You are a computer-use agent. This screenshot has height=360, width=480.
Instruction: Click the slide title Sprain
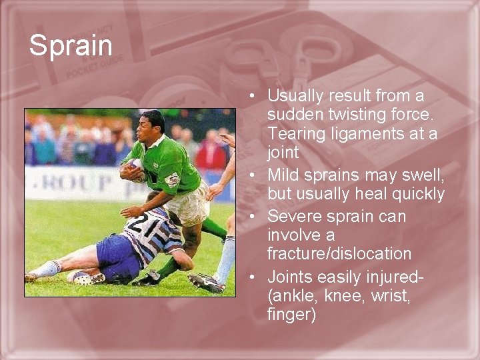[71, 46]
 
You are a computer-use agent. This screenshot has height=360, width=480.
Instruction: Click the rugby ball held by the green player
[135, 171]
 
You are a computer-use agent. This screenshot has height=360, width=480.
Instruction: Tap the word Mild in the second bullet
[284, 175]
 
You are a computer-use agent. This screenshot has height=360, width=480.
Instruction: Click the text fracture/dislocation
[339, 254]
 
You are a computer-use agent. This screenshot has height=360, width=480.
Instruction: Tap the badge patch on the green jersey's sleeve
[172, 179]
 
